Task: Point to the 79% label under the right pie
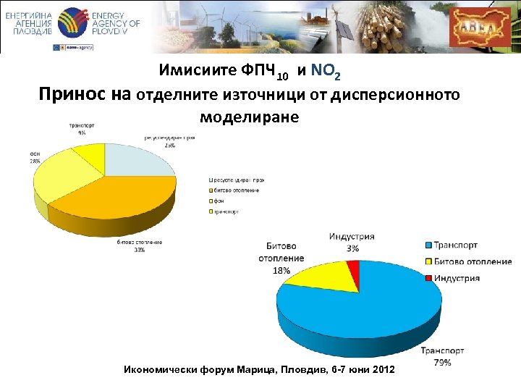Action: [442, 362]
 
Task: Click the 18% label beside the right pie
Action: [281, 270]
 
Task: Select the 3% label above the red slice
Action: [352, 248]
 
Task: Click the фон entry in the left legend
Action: [218, 201]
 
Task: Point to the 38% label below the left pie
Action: [138, 250]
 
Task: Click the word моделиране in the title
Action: [247, 116]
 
